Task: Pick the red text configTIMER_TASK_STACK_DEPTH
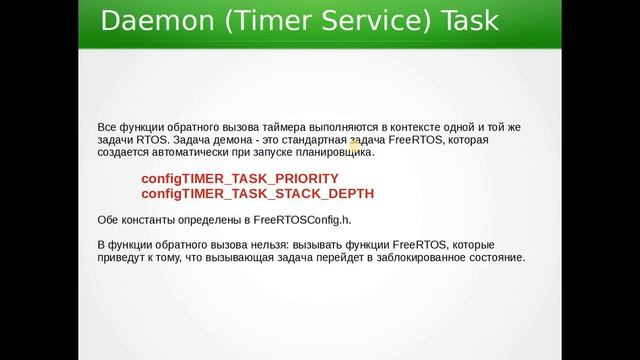(258, 193)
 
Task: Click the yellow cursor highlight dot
(354, 146)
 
